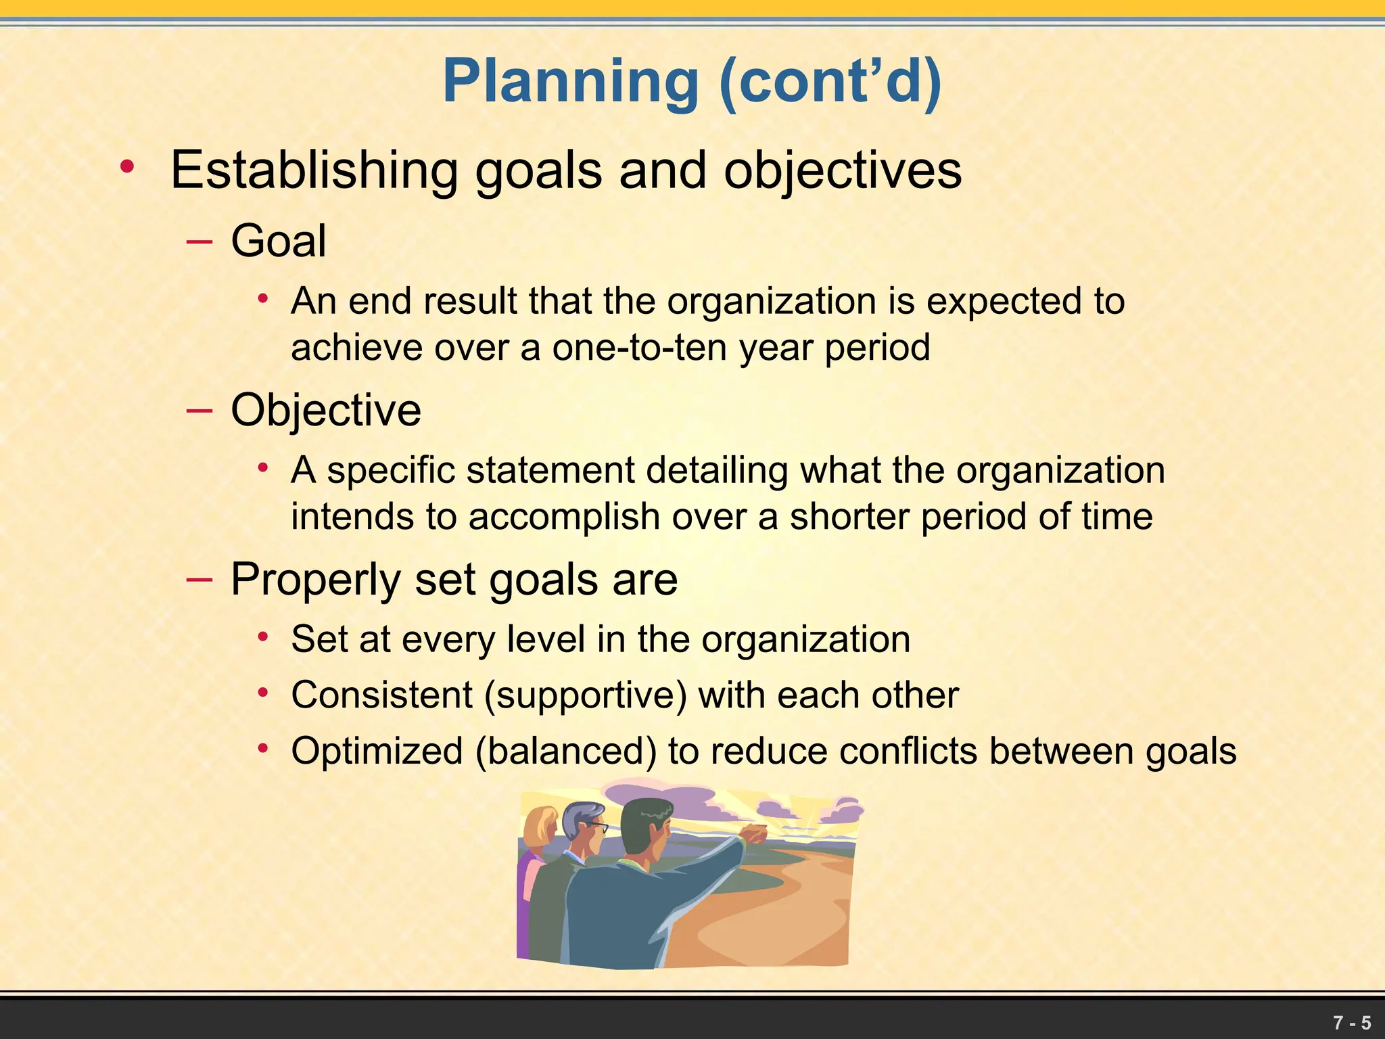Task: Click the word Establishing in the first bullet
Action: (314, 170)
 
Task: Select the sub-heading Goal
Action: (279, 241)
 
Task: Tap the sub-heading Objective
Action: (326, 410)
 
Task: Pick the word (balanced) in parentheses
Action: (566, 751)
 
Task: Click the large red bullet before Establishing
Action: (126, 166)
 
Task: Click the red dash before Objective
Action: (199, 410)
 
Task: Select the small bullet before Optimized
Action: (264, 748)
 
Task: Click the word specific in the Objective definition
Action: (391, 470)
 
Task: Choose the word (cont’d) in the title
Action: (830, 82)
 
